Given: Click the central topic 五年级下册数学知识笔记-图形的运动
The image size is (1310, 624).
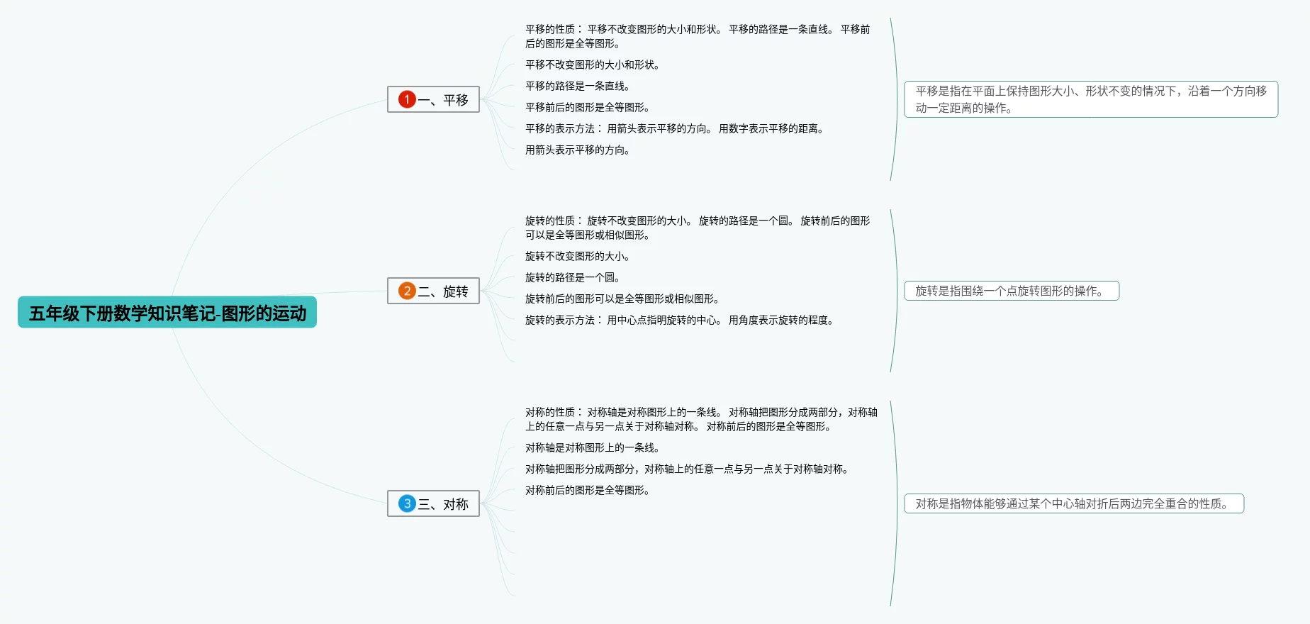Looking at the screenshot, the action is click(x=167, y=313).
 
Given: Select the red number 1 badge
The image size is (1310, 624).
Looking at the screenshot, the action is click(x=407, y=99).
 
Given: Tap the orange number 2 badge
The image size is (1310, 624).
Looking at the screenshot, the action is click(x=407, y=291).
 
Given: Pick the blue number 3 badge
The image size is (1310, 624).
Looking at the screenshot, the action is click(x=407, y=503).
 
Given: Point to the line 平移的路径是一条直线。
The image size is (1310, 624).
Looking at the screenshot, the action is click(x=578, y=86).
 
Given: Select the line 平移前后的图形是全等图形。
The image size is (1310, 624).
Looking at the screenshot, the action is click(x=588, y=107).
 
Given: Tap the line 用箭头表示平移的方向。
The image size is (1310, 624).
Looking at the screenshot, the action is click(x=578, y=150).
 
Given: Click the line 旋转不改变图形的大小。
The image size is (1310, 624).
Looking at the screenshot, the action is click(x=578, y=256).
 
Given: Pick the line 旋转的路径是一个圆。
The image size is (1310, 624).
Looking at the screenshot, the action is click(x=573, y=277).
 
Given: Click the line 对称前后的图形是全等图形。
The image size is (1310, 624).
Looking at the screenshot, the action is click(x=588, y=490).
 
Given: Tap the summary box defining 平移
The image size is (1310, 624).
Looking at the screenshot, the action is click(x=1091, y=99).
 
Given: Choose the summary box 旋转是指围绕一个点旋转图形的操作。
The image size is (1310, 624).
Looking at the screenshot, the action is click(x=1012, y=291).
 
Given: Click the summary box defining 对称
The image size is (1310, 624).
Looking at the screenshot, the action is click(x=1074, y=503).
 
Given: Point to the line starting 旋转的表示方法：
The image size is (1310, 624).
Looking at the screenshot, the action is click(x=680, y=320).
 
